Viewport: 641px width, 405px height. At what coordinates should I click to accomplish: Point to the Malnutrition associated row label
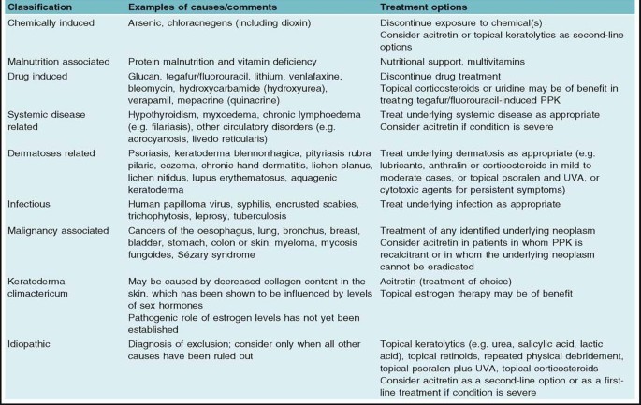(x=58, y=61)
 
